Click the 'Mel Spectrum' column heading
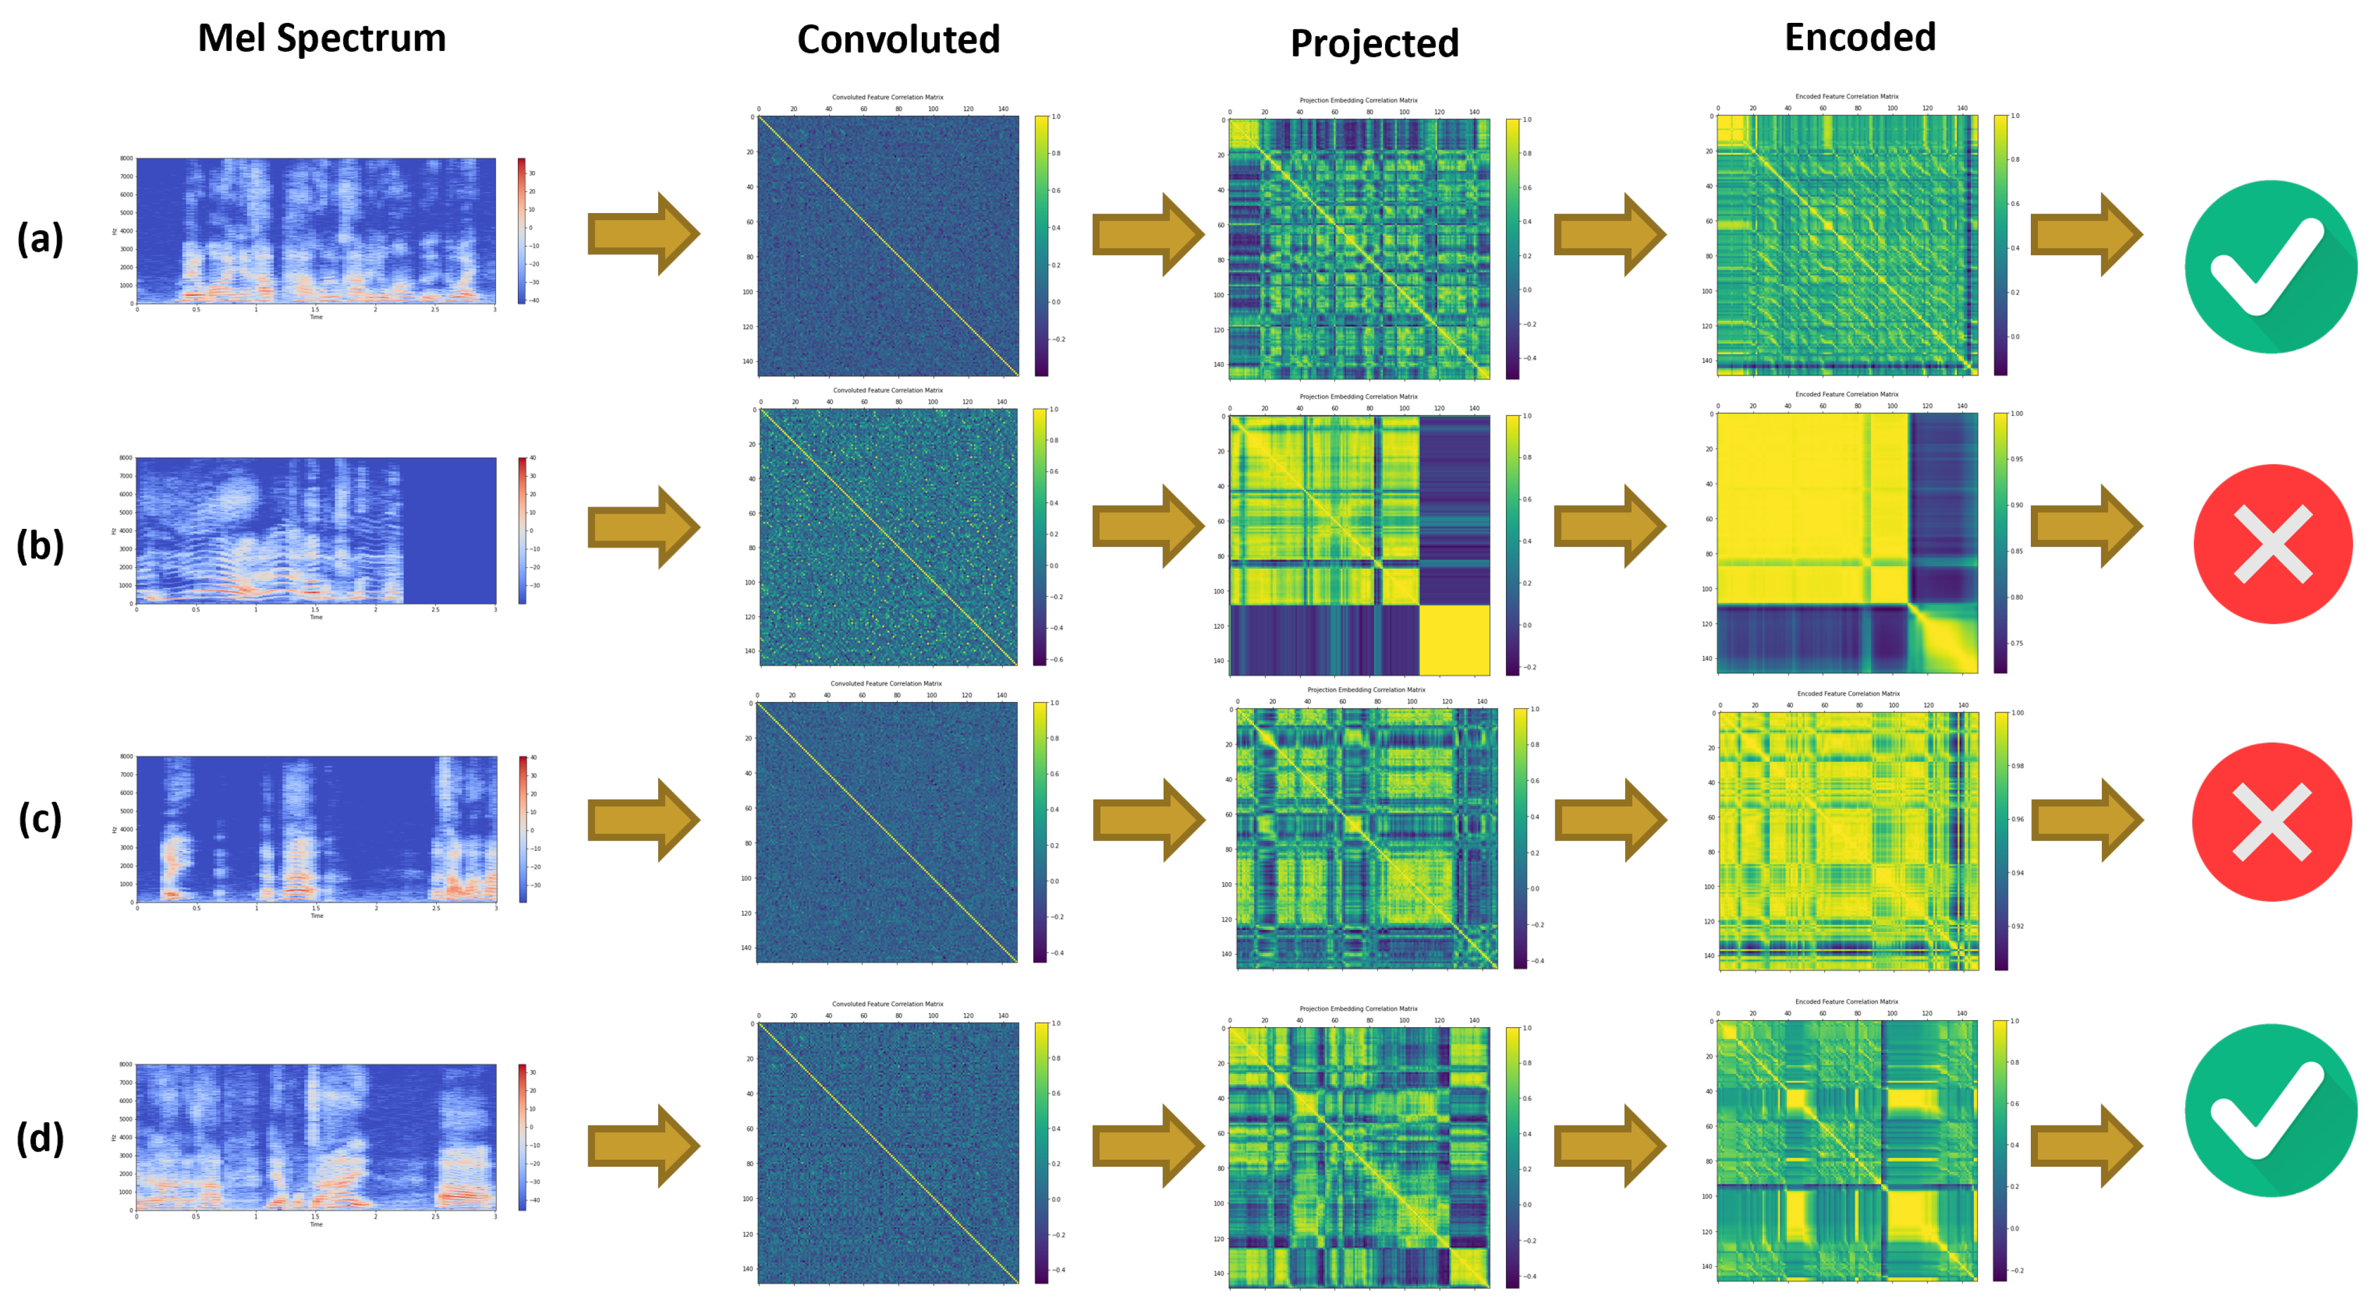tap(321, 39)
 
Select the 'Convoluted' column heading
tap(898, 40)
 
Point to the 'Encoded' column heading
tap(1859, 38)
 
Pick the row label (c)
tap(41, 819)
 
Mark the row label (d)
tap(41, 1137)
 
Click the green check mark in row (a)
tap(2270, 266)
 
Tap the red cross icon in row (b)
tap(2271, 544)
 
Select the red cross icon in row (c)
tap(2271, 822)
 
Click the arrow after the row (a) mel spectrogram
tap(643, 234)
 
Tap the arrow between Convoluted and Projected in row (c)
tap(1148, 819)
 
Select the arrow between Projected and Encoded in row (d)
tap(1609, 1146)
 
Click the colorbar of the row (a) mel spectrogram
tap(521, 231)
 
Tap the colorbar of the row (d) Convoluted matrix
tap(1042, 1152)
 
